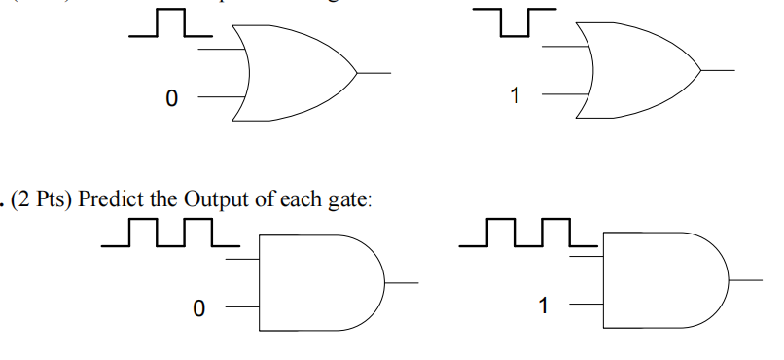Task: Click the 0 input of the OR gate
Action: tap(172, 97)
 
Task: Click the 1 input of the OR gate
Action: tap(515, 95)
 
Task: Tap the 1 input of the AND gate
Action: tap(544, 306)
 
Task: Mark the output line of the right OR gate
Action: tap(717, 71)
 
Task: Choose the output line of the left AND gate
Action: tap(403, 283)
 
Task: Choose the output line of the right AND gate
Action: tap(746, 280)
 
